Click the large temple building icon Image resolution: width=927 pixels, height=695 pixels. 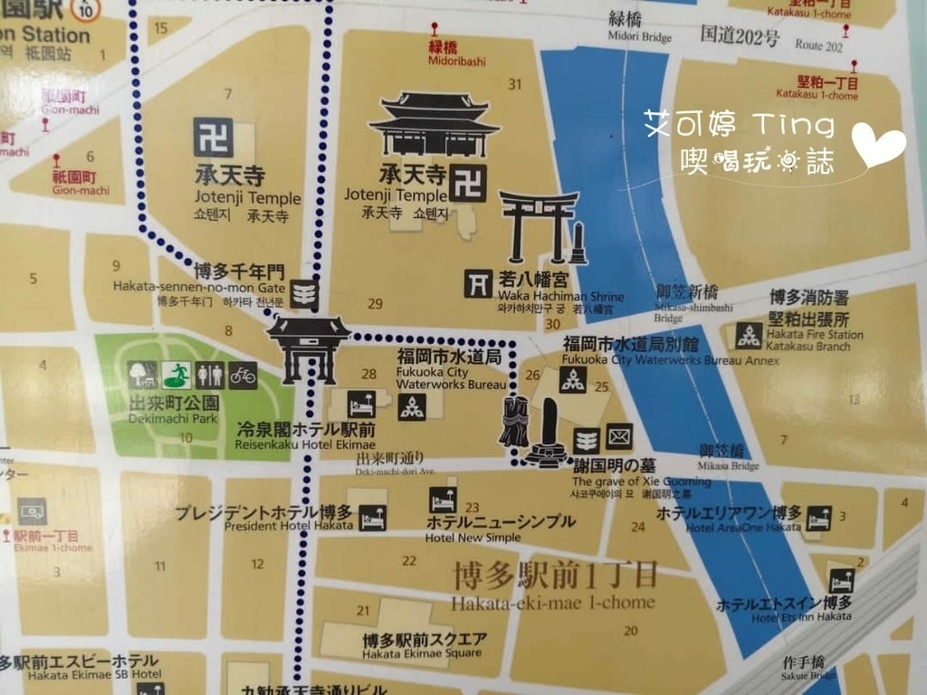click(x=435, y=124)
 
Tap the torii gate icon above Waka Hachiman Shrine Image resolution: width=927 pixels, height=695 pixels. click(x=539, y=225)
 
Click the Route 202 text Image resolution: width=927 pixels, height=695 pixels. click(x=818, y=45)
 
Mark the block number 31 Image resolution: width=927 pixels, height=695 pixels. click(x=515, y=85)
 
